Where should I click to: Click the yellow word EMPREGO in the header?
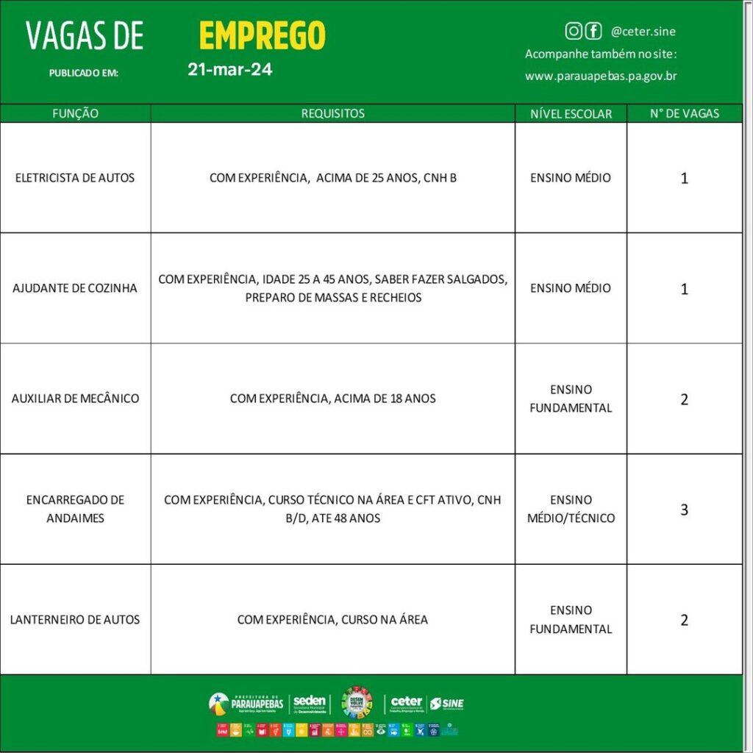coord(262,35)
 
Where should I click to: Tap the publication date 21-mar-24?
coord(229,71)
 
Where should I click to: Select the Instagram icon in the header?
coord(574,31)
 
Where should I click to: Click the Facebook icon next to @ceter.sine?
coord(593,31)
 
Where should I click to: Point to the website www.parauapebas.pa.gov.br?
coord(601,76)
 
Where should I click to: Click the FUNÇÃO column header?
coord(75,113)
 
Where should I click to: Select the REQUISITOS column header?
coord(332,113)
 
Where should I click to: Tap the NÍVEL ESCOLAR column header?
coord(571,114)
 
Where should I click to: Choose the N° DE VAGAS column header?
coord(684,113)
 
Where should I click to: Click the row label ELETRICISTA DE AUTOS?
coord(75,178)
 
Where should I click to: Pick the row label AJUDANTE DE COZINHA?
coord(75,288)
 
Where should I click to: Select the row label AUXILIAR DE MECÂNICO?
coord(75,399)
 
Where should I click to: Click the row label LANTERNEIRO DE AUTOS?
coord(75,619)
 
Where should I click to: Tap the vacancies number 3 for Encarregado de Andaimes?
coord(684,509)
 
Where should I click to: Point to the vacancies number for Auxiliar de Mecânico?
coord(684,399)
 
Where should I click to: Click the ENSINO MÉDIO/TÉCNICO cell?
coord(571,509)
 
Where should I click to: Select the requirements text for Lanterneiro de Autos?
coord(332,619)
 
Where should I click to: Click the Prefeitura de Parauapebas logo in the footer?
coord(246,703)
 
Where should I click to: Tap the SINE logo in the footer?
coord(447,704)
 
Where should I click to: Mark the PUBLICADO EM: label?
coord(83,73)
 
